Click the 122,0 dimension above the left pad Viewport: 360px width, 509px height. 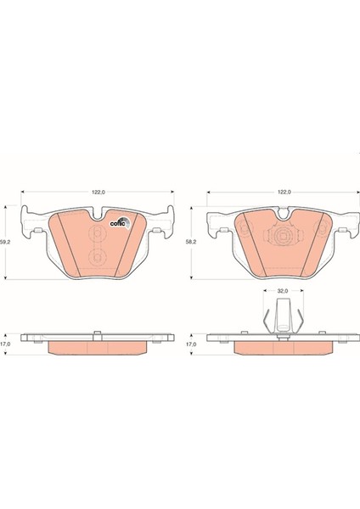[98, 193]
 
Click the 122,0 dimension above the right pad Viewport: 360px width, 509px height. [284, 193]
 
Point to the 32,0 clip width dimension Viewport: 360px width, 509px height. [283, 291]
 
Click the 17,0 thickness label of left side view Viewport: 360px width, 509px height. [4, 344]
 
